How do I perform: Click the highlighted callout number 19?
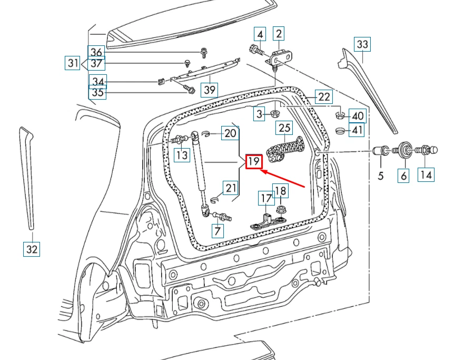pyautogui.click(x=254, y=161)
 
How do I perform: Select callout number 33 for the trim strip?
pyautogui.click(x=362, y=44)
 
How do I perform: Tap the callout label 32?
pyautogui.click(x=32, y=249)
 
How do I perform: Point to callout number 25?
pyautogui.click(x=284, y=128)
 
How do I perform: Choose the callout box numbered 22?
pyautogui.click(x=323, y=96)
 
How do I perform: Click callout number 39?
pyautogui.click(x=210, y=90)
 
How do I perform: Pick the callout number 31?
pyautogui.click(x=73, y=64)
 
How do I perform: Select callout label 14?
pyautogui.click(x=426, y=174)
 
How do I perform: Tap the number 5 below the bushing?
pyautogui.click(x=381, y=175)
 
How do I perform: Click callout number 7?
pyautogui.click(x=218, y=230)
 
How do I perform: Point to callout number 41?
pyautogui.click(x=357, y=130)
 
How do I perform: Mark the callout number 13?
pyautogui.click(x=182, y=155)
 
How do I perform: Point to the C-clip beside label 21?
pyautogui.click(x=214, y=199)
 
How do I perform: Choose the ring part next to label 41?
pyautogui.click(x=340, y=130)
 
